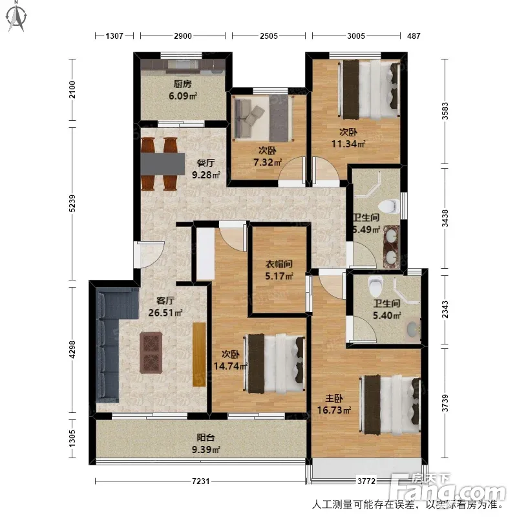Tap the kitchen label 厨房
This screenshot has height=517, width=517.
point(183,84)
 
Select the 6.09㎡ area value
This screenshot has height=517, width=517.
point(183,96)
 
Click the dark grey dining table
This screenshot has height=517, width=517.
point(163,164)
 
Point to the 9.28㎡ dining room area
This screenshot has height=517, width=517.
point(206,174)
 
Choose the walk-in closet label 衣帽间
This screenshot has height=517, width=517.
point(279,264)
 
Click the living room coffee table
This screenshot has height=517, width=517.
point(151,353)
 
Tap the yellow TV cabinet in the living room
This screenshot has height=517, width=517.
point(199,354)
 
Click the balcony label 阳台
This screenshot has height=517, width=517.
point(206,438)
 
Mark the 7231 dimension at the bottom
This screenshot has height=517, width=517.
point(201,481)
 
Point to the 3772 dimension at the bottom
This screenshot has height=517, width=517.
point(366,481)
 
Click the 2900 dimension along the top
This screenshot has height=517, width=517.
point(183,36)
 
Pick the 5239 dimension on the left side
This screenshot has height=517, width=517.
point(72,204)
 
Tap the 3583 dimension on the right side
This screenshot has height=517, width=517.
point(445,111)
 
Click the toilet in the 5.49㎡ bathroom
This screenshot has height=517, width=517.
point(388,207)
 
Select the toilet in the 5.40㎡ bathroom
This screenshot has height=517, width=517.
point(375,286)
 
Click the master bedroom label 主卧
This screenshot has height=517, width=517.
point(334,399)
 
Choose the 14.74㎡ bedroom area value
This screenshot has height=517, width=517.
point(231,366)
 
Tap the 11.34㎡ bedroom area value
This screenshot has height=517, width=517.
point(348,144)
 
